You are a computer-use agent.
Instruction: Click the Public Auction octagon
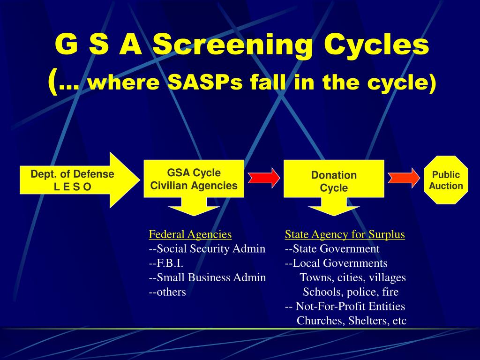(446, 180)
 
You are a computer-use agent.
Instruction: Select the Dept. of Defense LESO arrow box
(73, 180)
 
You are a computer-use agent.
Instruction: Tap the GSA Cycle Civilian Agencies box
(194, 179)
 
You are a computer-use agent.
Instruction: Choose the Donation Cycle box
(334, 181)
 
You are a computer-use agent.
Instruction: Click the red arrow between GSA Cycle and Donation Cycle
(264, 177)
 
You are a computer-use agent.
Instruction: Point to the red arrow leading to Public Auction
(404, 178)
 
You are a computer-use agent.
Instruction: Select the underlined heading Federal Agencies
(190, 234)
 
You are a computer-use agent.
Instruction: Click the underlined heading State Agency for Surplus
(345, 234)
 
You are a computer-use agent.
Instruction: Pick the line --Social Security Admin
(207, 249)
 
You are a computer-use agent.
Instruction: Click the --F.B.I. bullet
(165, 263)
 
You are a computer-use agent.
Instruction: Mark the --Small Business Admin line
(207, 277)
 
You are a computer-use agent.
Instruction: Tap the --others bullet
(167, 292)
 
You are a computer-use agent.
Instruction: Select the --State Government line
(332, 249)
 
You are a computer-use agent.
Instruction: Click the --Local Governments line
(336, 263)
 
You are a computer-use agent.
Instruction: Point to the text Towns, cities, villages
(352, 277)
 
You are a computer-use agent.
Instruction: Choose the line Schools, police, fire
(351, 292)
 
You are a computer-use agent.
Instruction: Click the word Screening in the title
(232, 45)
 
